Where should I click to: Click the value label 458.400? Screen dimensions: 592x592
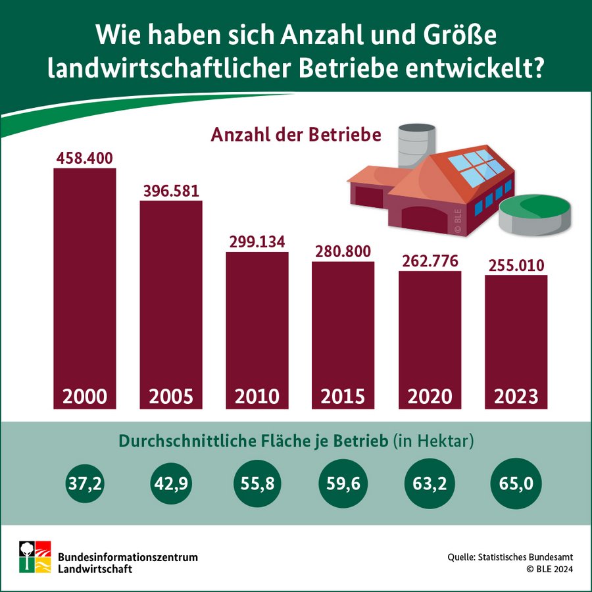pyautogui.click(x=84, y=159)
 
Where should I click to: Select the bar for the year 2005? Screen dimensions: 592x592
pyautogui.click(x=170, y=296)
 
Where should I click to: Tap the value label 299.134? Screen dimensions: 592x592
pyautogui.click(x=257, y=241)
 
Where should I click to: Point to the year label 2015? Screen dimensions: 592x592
pyautogui.click(x=343, y=397)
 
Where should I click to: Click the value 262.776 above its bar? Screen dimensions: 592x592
pyautogui.click(x=430, y=261)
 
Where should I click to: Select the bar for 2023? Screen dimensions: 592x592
pyautogui.click(x=516, y=335)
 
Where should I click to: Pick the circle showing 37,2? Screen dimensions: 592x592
pyautogui.click(x=84, y=484)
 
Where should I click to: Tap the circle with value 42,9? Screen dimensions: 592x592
pyautogui.click(x=170, y=484)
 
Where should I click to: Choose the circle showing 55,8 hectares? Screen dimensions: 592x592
pyautogui.click(x=257, y=484)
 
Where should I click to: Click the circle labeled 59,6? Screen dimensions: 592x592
pyautogui.click(x=343, y=484)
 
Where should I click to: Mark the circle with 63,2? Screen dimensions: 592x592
pyautogui.click(x=430, y=484)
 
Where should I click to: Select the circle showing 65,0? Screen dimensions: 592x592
pyautogui.click(x=516, y=484)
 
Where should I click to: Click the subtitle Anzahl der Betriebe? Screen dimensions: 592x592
pyautogui.click(x=296, y=135)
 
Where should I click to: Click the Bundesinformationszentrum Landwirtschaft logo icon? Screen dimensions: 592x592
pyautogui.click(x=34, y=556)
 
